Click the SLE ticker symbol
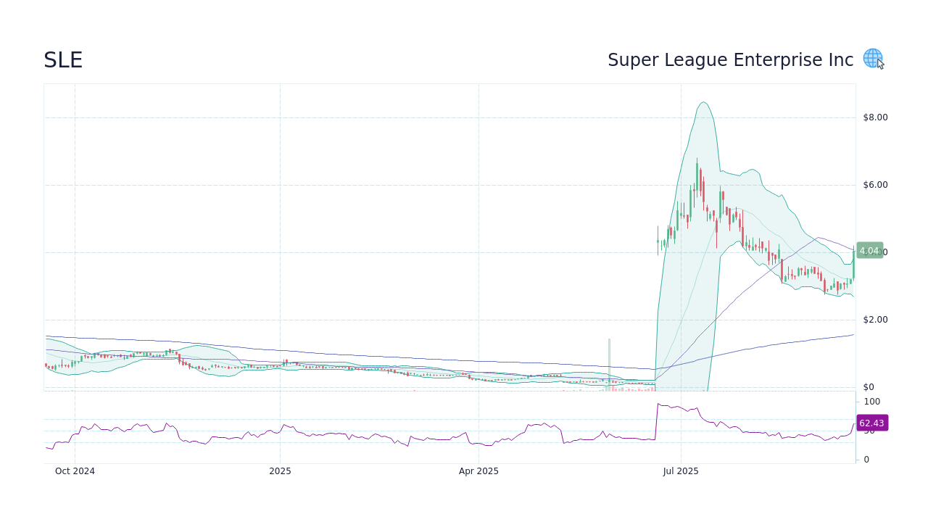coord(63,60)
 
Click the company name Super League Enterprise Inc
coord(730,60)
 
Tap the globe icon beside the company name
coord(872,58)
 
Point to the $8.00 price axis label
coord(875,117)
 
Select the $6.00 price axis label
coord(875,185)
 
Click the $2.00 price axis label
coord(875,320)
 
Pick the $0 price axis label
coord(869,387)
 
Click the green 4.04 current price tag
coord(869,251)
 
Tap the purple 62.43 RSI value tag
coord(871,423)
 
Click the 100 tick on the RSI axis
coord(871,402)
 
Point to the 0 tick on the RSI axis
coord(866,460)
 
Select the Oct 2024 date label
coord(75,471)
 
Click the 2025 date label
coord(280,471)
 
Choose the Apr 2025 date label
coord(478,471)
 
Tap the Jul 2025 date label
coord(681,471)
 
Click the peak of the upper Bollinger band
coord(703,102)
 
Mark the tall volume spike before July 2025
coord(609,362)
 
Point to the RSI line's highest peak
coord(658,403)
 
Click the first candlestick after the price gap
coord(658,241)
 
